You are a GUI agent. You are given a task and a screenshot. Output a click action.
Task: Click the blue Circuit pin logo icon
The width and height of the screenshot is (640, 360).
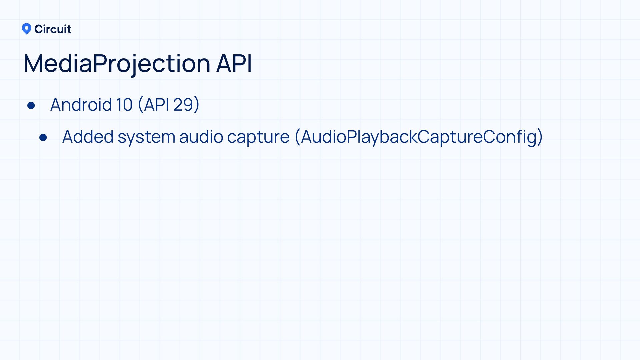(x=26, y=29)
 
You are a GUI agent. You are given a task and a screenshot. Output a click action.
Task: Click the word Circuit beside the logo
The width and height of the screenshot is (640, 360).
(x=53, y=29)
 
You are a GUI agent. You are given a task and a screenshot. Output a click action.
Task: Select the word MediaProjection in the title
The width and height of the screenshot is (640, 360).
(x=117, y=63)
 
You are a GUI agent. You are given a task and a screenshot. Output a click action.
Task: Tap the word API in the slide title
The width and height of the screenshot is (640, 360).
(x=234, y=63)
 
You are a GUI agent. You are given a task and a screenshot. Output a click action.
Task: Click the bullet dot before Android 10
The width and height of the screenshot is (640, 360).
(x=31, y=106)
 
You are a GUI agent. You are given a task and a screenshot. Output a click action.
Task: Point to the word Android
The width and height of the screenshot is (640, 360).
(x=81, y=105)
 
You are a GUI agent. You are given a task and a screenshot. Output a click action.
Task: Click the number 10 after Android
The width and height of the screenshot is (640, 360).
(x=124, y=105)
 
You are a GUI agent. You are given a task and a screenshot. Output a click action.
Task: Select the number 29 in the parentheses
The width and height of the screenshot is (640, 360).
(x=183, y=105)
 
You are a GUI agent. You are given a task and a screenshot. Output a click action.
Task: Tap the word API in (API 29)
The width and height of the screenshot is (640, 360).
(x=156, y=105)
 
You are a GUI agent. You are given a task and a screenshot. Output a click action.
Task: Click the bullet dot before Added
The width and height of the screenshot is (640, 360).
(x=43, y=137)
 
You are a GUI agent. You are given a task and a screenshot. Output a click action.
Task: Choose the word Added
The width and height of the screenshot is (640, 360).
(x=88, y=137)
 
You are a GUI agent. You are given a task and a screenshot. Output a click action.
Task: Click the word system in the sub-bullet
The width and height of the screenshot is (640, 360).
(x=146, y=137)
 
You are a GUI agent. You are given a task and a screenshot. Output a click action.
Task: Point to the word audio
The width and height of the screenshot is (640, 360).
(x=201, y=137)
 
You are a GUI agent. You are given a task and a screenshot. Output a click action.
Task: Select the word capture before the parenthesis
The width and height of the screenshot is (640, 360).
(x=258, y=137)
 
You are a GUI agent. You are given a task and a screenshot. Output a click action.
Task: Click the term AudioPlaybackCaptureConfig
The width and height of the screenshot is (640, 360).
(x=419, y=137)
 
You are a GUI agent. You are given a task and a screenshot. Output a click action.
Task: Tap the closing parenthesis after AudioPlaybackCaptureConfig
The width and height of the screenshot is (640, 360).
(x=540, y=137)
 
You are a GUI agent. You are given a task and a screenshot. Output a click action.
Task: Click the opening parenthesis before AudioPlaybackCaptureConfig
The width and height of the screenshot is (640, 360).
(x=297, y=137)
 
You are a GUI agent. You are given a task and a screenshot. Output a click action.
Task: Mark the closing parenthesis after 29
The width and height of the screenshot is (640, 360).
(x=197, y=105)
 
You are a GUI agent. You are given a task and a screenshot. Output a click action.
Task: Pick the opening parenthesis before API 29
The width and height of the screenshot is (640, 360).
(x=140, y=105)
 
